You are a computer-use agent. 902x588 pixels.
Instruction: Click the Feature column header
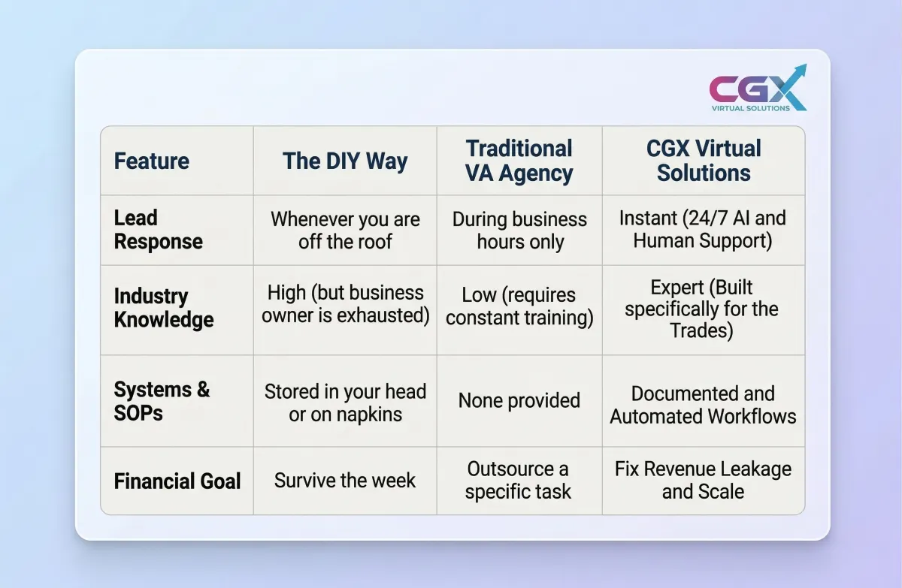151,161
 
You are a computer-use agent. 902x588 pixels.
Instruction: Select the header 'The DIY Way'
345,161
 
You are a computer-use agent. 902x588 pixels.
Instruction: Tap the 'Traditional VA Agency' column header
519,161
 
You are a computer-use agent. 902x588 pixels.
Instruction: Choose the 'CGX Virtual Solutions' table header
704,161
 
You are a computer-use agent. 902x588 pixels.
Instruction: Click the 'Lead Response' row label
159,230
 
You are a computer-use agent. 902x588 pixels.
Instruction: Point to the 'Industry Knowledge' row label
164,308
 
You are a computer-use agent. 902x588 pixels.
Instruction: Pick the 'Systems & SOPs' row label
162,401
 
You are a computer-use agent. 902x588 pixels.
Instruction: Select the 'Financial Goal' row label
177,481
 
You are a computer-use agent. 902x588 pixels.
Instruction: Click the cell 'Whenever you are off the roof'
345,231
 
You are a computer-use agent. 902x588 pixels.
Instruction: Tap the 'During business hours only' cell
519,231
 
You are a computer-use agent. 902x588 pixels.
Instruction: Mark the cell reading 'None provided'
519,400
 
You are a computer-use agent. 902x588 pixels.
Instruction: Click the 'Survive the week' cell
345,480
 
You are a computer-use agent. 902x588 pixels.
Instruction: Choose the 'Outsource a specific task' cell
518,480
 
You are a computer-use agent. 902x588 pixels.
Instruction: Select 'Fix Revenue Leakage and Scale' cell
703,480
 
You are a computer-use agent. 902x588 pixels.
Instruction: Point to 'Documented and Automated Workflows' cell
703,405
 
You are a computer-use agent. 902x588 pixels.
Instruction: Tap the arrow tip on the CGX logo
806,65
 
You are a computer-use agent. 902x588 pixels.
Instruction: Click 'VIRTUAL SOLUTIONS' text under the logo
751,108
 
